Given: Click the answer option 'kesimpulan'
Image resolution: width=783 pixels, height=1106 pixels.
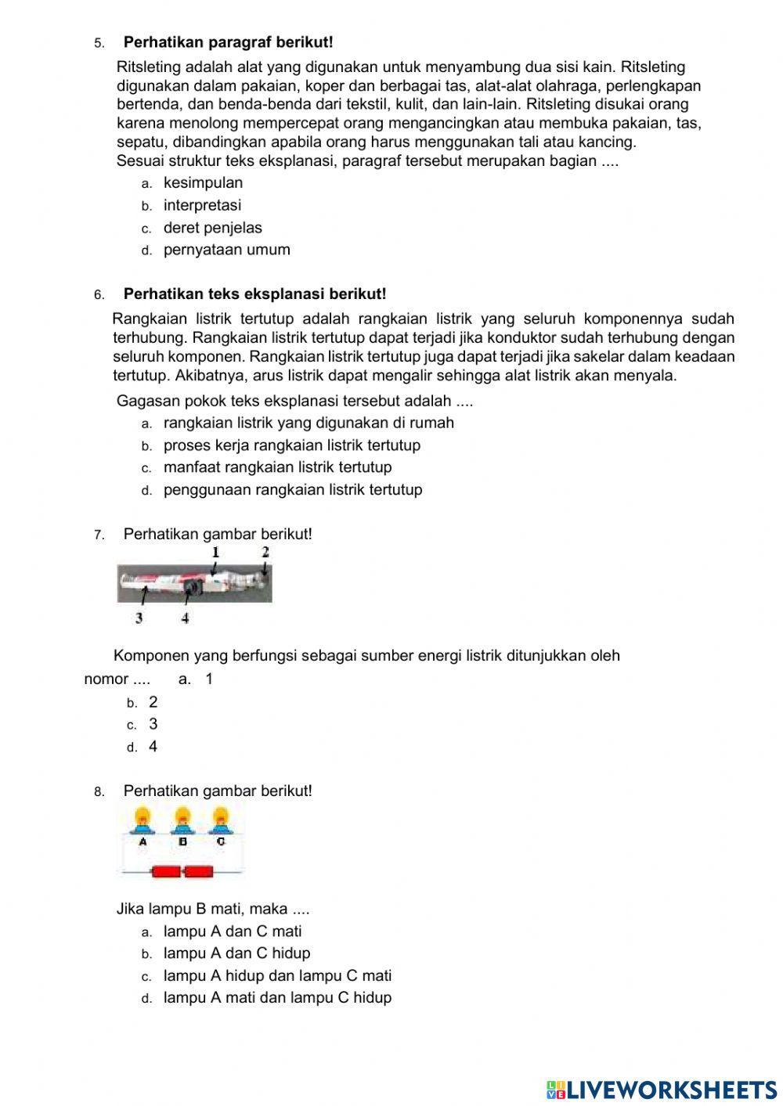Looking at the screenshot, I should pyautogui.click(x=203, y=183).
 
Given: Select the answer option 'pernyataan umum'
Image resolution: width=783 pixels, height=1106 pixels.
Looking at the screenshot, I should pyautogui.click(x=226, y=250).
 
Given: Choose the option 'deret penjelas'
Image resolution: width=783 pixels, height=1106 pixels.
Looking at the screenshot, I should pyautogui.click(x=212, y=228).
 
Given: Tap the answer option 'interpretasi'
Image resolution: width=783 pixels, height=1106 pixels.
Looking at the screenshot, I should pyautogui.click(x=202, y=206).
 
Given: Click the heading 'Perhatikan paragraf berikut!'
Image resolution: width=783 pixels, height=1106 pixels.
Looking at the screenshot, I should pyautogui.click(x=228, y=42).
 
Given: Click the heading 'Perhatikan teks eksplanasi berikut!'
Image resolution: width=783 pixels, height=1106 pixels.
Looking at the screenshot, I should pyautogui.click(x=254, y=294).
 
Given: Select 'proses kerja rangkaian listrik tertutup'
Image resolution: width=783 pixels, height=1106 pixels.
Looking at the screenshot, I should pyautogui.click(x=291, y=445).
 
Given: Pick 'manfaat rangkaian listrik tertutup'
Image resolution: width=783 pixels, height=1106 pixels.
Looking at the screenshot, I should pyautogui.click(x=277, y=467).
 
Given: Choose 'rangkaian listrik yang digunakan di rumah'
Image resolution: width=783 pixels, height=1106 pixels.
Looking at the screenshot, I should pyautogui.click(x=309, y=423).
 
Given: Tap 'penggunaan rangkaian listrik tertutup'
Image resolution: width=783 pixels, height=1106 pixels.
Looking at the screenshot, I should pyautogui.click(x=293, y=490).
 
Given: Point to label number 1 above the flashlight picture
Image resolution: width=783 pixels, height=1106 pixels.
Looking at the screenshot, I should pyautogui.click(x=215, y=553).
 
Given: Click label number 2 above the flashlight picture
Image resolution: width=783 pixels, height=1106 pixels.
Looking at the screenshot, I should pyautogui.click(x=265, y=552).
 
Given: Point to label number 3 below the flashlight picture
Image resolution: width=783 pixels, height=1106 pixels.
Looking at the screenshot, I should pyautogui.click(x=139, y=618).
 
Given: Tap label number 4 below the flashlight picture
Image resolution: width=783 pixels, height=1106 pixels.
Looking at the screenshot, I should pyautogui.click(x=185, y=618).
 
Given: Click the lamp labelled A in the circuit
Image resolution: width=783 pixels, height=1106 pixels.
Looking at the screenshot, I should pyautogui.click(x=143, y=820).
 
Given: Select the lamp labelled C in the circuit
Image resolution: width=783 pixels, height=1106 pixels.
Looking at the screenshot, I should pyautogui.click(x=220, y=820).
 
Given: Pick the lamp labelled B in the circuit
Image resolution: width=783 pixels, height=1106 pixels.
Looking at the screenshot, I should pyautogui.click(x=182, y=820).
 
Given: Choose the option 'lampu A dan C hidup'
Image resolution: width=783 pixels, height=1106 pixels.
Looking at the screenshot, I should pyautogui.click(x=236, y=953).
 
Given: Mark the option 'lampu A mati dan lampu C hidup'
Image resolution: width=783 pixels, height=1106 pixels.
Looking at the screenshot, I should pyautogui.click(x=277, y=998).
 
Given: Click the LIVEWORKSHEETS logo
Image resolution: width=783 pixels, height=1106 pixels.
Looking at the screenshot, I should pyautogui.click(x=662, y=1089).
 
